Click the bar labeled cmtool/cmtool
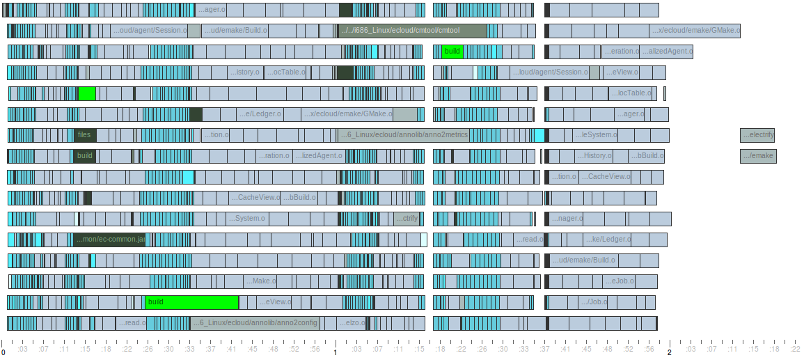pyautogui.click(x=412, y=31)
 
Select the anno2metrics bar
pyautogui.click(x=403, y=135)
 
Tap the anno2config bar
pyautogui.click(x=255, y=323)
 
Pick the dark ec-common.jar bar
pyautogui.click(x=109, y=240)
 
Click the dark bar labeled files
pyautogui.click(x=85, y=135)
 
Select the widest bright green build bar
pyautogui.click(x=191, y=302)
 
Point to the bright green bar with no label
pyautogui.click(x=87, y=93)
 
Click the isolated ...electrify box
pyautogui.click(x=757, y=135)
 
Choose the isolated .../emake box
pyautogui.click(x=758, y=156)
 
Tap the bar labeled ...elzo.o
pyautogui.click(x=352, y=323)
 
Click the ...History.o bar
pyautogui.click(x=594, y=156)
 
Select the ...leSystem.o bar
pyautogui.click(x=596, y=135)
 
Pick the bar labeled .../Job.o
pyautogui.click(x=594, y=302)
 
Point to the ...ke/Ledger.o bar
pyautogui.click(x=608, y=240)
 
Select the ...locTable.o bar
pyautogui.click(x=632, y=93)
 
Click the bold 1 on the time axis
pyautogui.click(x=336, y=352)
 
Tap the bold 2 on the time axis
pyautogui.click(x=670, y=352)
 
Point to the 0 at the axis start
pyautogui.click(x=3, y=352)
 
